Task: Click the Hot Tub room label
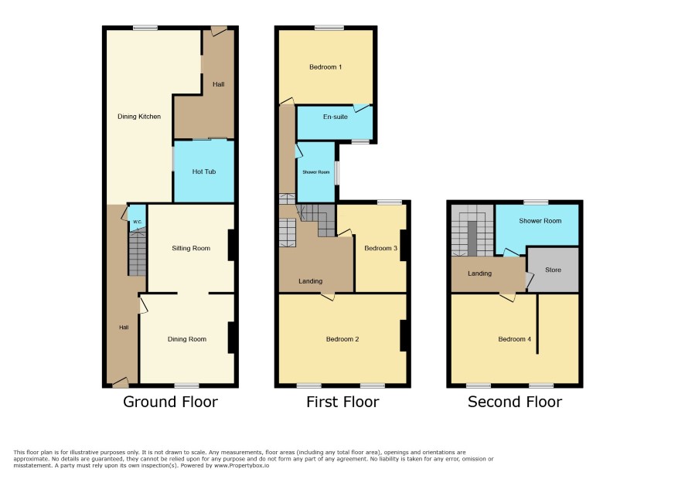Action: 204,172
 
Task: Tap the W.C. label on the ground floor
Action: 138,222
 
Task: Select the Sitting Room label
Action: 191,248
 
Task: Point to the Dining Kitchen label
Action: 139,117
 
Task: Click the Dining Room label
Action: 187,339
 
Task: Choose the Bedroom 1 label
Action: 325,66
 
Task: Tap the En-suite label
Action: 336,117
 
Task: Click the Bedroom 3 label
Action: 381,248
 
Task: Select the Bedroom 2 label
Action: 342,339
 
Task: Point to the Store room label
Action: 553,270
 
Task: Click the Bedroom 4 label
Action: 515,339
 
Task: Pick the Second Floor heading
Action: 515,402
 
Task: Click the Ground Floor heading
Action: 170,402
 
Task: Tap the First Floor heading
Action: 342,402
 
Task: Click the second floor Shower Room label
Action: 540,221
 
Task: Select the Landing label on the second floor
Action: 479,273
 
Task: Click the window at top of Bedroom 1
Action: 329,28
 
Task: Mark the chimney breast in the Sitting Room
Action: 231,245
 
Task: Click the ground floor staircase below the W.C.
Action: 138,253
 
